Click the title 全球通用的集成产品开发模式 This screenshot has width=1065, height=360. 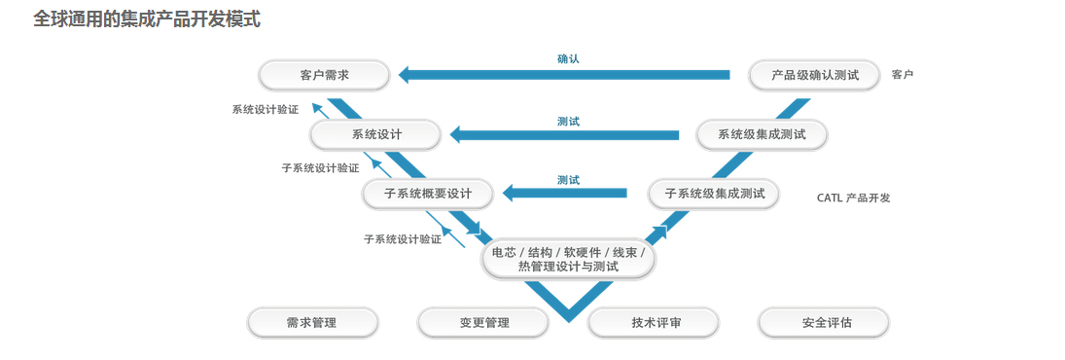pos(147,18)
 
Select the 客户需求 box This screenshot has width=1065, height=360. pos(324,75)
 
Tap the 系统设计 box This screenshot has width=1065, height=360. pos(375,134)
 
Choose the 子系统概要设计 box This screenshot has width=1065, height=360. pos(428,194)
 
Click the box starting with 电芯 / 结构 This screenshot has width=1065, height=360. pos(569,259)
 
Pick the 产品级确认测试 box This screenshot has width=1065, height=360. pos(814,75)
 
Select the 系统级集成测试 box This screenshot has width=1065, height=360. pos(762,134)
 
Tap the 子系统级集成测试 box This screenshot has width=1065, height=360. pos(714,194)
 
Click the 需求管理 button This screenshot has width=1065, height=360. pos(311,322)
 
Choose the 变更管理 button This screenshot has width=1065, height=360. pos(483,322)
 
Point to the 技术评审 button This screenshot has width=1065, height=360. pos(655,322)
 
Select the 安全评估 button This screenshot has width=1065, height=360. pos(824,322)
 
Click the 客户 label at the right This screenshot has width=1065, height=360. pos(902,75)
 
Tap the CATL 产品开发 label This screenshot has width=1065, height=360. pos(853,198)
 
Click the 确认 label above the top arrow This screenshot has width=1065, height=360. pos(568,58)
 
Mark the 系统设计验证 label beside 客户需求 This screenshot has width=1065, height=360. pos(265,110)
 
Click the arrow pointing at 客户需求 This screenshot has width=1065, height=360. pos(564,75)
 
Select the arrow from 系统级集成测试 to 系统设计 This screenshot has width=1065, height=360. pos(564,134)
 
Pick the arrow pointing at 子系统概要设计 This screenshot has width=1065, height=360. pos(564,193)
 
